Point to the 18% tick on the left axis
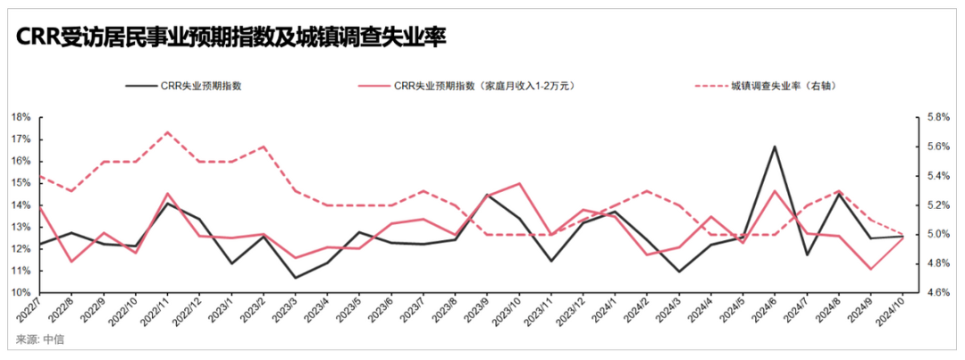[x=21, y=117]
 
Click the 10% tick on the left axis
[x=21, y=293]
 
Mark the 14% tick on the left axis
[x=21, y=205]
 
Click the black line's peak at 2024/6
[x=775, y=147]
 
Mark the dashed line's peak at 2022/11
[x=168, y=131]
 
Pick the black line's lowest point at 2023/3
[x=295, y=278]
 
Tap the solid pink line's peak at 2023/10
[x=520, y=183]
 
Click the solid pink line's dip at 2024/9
[x=869, y=269]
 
